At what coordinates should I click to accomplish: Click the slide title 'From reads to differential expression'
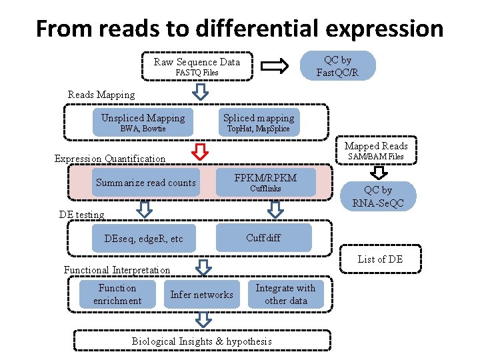coord(239,29)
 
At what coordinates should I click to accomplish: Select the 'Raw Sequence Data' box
coord(197,67)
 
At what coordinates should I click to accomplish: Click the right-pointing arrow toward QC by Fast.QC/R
coord(273,66)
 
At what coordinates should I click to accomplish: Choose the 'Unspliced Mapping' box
coord(143,123)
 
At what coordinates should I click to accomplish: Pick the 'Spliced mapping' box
coord(258,123)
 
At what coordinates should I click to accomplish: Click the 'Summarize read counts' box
coord(145,183)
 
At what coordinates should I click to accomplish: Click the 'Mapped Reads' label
coord(376,146)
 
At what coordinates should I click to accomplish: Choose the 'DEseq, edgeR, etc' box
coord(144,239)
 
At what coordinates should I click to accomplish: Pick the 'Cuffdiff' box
coord(264,238)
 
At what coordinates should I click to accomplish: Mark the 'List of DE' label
coord(380,259)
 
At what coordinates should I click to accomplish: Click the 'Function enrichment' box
coord(117,294)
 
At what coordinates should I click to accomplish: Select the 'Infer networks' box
coord(201,295)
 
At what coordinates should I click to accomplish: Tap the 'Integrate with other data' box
coord(285,294)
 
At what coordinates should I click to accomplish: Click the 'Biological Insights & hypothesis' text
coord(201,341)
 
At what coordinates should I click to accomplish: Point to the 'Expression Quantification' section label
coord(109,159)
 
